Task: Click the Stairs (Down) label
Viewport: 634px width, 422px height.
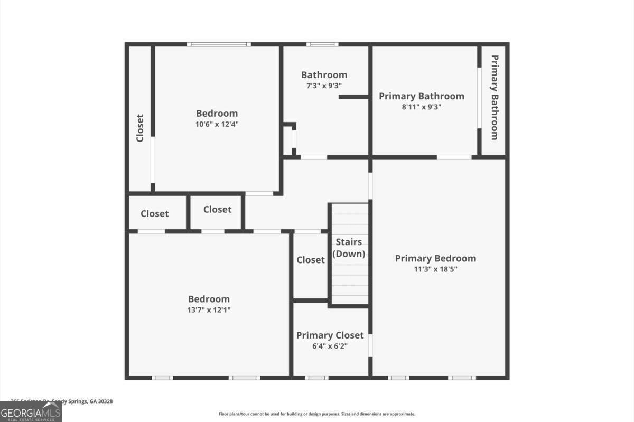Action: (349, 248)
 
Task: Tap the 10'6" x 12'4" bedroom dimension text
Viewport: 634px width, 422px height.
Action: (217, 125)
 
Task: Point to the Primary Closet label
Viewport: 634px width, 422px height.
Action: (330, 335)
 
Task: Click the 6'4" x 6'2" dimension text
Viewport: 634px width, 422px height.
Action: (330, 346)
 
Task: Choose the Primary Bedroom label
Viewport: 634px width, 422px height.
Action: (435, 258)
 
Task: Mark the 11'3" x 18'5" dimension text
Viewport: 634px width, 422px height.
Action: (435, 269)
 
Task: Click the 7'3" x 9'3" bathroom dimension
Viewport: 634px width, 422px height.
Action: (324, 86)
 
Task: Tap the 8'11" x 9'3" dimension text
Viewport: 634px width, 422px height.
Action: (422, 107)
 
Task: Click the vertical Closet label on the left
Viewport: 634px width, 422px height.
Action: (140, 128)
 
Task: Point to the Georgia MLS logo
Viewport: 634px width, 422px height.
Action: (31, 412)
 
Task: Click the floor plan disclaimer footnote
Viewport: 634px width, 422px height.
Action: (317, 414)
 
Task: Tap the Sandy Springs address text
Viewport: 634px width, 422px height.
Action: (62, 401)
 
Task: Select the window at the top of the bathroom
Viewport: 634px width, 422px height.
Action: (322, 44)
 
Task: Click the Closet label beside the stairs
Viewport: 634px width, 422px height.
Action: (311, 260)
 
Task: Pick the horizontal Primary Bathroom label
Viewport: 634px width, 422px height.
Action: (422, 96)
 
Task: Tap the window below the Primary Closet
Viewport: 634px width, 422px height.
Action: (316, 378)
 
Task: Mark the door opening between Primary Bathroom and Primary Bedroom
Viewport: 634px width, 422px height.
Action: (454, 157)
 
